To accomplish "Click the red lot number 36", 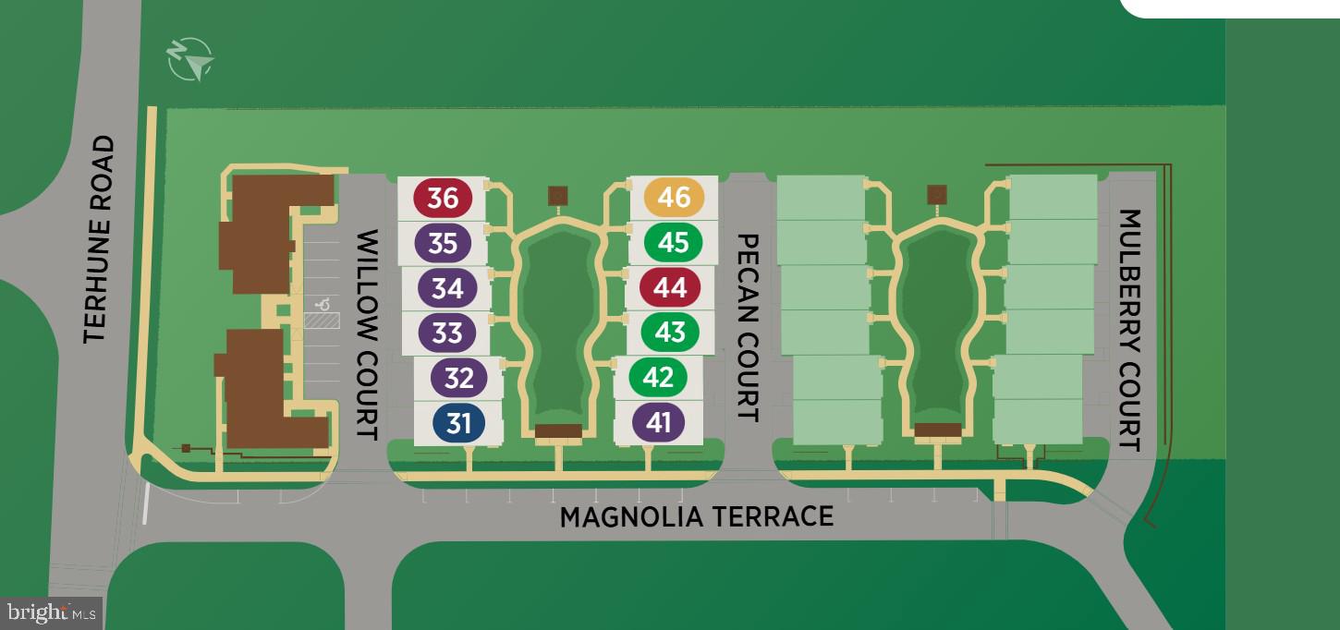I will [x=443, y=197].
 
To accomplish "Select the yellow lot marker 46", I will [x=675, y=196].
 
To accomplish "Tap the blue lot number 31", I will [x=459, y=423].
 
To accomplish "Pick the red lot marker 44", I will [x=670, y=287].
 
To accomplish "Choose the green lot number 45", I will [x=674, y=242].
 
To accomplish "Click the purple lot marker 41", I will [x=659, y=422].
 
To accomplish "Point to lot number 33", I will [x=447, y=332].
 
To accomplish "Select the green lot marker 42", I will [x=658, y=377].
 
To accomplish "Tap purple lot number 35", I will [x=444, y=242].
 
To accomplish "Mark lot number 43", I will [x=670, y=332].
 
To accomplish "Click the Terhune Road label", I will [x=99, y=240].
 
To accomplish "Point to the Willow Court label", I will [x=367, y=334].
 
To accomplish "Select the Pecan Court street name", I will [x=748, y=327].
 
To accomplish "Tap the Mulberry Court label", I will [x=1129, y=330].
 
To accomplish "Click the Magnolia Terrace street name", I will [x=697, y=515].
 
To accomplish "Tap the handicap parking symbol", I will [x=323, y=302].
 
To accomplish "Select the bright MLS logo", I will [x=52, y=612].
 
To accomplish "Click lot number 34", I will [x=447, y=287].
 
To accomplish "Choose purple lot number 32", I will [x=459, y=378].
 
